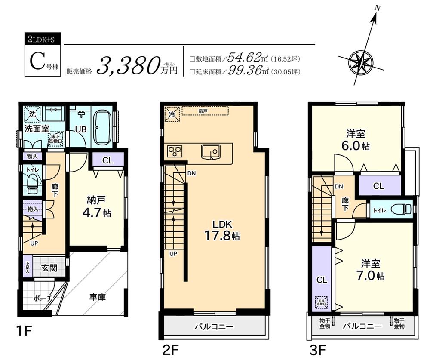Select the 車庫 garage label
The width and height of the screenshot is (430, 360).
(98, 297)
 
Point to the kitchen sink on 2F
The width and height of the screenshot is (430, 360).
(210, 151)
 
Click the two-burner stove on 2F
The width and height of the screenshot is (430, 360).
(175, 151)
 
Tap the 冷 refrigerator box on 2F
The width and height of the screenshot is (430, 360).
(170, 114)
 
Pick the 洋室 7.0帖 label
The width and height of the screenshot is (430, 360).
(369, 268)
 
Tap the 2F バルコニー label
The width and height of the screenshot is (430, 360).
(213, 327)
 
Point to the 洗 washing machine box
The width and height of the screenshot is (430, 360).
(32, 114)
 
